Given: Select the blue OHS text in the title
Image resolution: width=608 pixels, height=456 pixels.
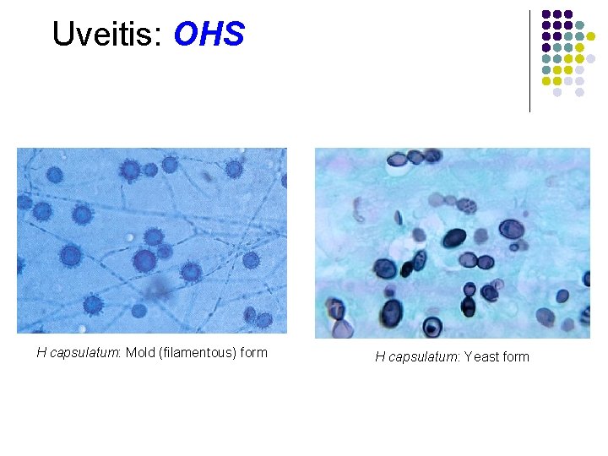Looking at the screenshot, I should coord(209,35).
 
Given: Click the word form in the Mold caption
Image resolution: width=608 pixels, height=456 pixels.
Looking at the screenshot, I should coord(253,353).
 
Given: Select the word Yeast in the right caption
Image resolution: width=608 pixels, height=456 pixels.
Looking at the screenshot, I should coord(481,357).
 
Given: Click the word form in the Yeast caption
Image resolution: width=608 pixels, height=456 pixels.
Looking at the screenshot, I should coord(515,357).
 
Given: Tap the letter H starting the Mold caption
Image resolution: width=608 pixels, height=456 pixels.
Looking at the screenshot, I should coord(41,353).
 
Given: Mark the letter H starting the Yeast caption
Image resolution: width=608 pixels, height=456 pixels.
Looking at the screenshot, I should coord(380,357).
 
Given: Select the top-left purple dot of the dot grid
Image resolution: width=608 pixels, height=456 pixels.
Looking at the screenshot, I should coord(546,14).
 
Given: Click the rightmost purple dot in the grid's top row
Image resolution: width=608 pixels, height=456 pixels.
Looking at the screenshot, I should coord(568,14).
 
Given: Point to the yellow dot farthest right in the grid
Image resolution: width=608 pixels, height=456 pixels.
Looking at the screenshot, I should coord(603,36).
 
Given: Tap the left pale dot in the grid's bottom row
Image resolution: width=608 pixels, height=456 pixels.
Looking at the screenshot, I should coord(557,92).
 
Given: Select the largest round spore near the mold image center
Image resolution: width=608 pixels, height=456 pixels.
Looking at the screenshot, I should coord(145,259).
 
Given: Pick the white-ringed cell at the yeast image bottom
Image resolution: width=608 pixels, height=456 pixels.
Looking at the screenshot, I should coord(432,327).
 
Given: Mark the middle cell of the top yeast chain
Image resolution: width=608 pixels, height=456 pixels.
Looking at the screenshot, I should coord(414,158).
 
